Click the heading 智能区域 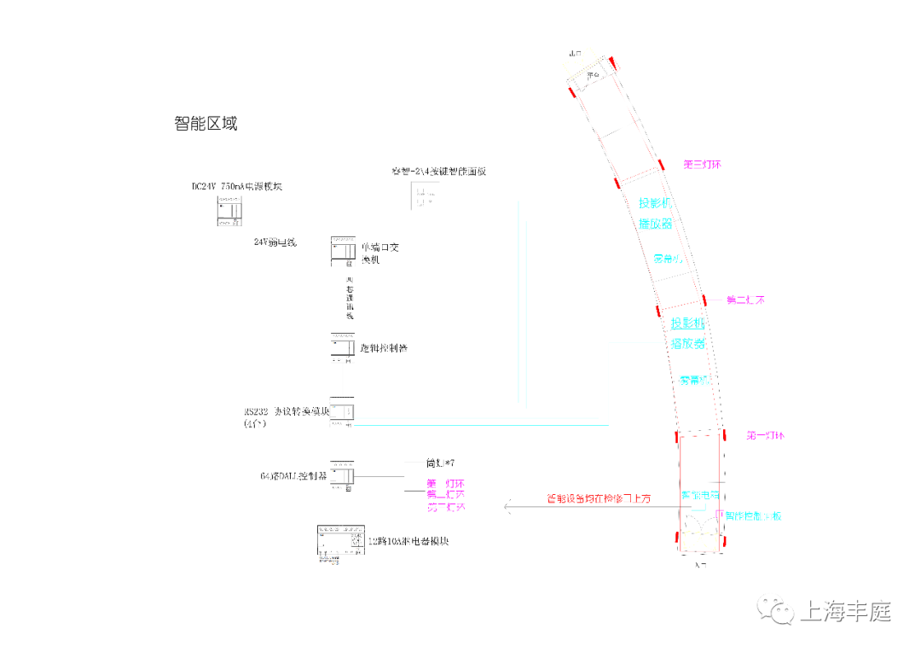(x=206, y=124)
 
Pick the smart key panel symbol (x=423, y=196)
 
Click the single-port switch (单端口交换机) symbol (x=343, y=252)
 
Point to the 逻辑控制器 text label (x=384, y=348)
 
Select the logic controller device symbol (x=343, y=346)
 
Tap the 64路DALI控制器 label (x=293, y=475)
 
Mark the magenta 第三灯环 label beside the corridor (x=703, y=163)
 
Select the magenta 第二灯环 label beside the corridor (x=744, y=300)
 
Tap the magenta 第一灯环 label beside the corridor (x=765, y=435)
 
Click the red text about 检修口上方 (x=599, y=498)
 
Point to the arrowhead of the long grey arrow (x=507, y=508)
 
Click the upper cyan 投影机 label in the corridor (x=657, y=203)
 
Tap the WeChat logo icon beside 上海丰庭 (x=778, y=610)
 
